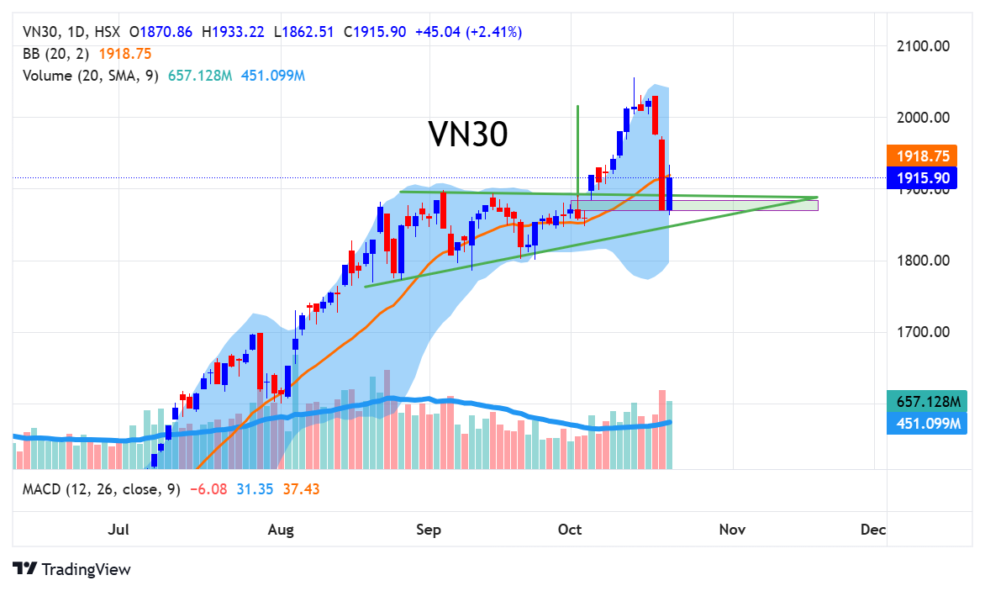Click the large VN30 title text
pos(468,135)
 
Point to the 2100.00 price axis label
pos(923,45)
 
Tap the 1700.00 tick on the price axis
pos(923,332)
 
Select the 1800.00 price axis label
pos(923,261)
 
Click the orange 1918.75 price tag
pos(923,156)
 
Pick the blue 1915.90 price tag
pos(923,177)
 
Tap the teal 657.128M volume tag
pos(923,401)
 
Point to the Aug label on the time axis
pos(280,530)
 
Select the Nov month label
pos(732,530)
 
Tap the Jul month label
pos(119,530)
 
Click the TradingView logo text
pos(86,569)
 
